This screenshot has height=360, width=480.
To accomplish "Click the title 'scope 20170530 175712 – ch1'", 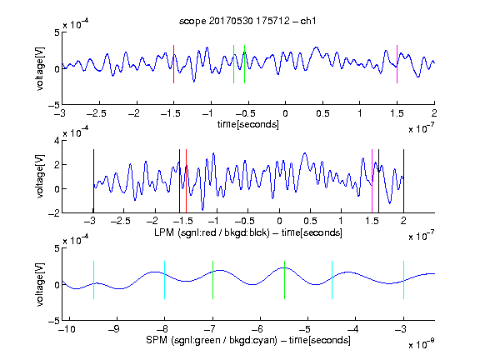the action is click(247, 21).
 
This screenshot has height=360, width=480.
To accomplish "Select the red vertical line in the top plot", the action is click(174, 64).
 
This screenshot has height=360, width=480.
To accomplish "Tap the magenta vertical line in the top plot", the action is click(397, 64).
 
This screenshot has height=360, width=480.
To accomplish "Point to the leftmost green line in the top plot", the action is click(234, 64).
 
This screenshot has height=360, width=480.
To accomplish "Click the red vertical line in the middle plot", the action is click(186, 181).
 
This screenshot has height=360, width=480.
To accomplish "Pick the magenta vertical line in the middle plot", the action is click(372, 181).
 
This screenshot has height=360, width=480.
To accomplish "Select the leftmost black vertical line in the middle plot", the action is click(93, 181).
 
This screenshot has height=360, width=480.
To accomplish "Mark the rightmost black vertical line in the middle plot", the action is click(404, 181).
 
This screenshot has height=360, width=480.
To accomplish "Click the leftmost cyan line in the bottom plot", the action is click(93, 280).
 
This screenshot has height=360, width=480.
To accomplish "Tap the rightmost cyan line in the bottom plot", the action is click(404, 280).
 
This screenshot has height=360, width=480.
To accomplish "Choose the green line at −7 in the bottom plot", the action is click(212, 280).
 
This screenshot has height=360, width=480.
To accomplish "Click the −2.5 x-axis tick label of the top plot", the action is click(97, 113).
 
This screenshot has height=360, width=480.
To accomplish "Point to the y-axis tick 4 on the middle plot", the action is click(57, 141).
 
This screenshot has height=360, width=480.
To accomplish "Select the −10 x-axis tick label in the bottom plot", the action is click(67, 329).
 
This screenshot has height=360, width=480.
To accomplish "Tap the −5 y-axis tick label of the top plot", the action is click(54, 106).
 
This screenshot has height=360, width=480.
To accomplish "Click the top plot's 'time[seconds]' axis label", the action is click(248, 124).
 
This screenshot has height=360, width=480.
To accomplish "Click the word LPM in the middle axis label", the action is click(164, 232).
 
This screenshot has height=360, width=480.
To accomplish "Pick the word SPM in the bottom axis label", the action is click(157, 340).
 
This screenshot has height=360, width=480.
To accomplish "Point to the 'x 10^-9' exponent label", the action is click(422, 344).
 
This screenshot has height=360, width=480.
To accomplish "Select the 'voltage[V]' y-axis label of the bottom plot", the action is click(40, 284).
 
